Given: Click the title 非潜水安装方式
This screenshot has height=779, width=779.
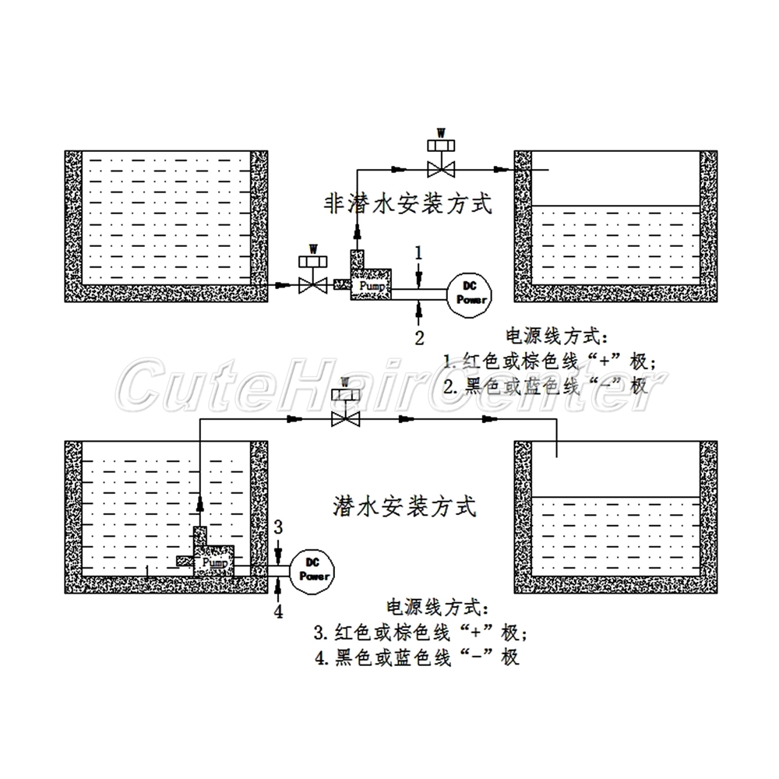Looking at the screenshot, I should point(407,204).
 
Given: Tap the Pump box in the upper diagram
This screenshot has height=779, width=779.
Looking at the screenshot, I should point(370,286).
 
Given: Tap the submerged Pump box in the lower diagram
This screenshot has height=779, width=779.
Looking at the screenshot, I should point(213,562).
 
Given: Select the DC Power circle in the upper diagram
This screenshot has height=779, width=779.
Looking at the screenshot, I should point(470,293).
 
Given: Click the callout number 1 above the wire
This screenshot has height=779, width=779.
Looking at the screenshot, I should point(419,252).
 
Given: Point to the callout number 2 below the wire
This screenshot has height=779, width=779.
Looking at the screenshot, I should point(419,337).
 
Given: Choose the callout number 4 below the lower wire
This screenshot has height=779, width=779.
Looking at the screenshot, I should point(278,612).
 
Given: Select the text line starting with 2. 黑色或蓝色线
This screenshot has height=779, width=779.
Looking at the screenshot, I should point(545,386).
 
